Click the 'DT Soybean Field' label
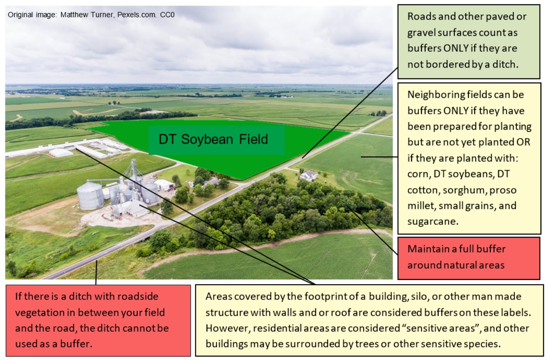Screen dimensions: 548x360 (213, 139)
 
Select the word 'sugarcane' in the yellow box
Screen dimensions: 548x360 (433, 222)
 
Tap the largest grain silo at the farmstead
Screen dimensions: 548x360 (90, 195)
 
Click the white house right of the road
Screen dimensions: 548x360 (308, 176)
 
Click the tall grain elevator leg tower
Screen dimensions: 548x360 (133, 171)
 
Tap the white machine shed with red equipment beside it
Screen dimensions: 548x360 (164, 185)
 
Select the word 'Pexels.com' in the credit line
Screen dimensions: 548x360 (137, 15)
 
